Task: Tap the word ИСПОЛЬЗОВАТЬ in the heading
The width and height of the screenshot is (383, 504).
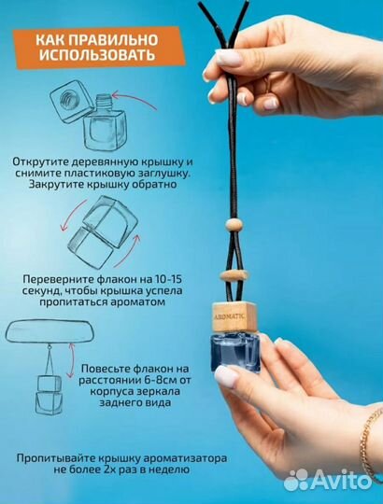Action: point(97,55)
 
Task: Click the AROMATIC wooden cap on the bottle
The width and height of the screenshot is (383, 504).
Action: point(234,317)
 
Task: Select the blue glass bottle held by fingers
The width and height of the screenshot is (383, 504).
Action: point(235,353)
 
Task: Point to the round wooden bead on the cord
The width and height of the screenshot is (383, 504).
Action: point(234,224)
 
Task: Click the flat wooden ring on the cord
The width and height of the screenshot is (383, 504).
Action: point(234,275)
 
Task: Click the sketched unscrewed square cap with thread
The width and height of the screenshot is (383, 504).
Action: point(72,101)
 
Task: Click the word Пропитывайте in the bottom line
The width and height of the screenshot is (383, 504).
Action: point(55,458)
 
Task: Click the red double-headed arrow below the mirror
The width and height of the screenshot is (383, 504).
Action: point(70,360)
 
